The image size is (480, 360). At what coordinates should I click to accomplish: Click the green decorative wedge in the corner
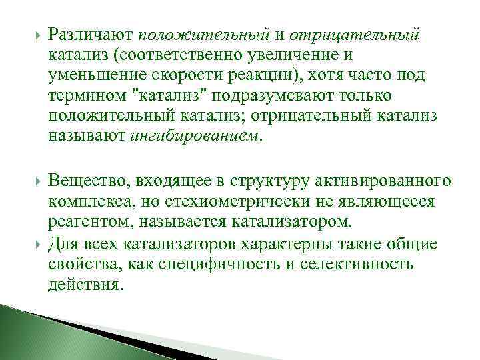(40, 333)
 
